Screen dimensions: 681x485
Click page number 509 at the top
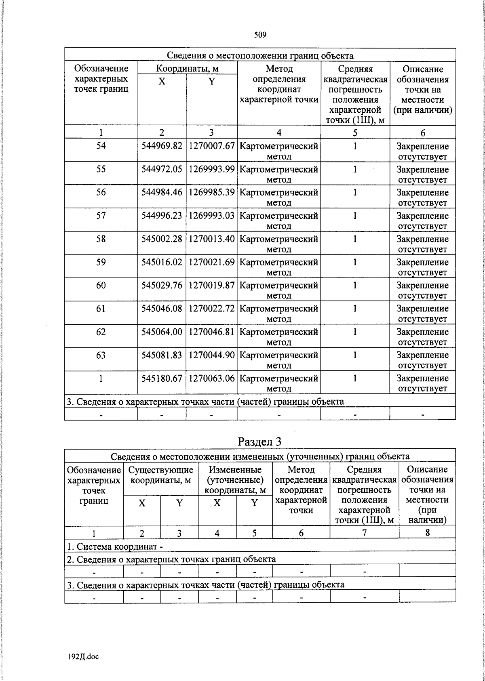point(260,35)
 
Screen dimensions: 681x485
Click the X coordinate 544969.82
point(162,146)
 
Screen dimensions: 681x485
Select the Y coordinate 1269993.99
point(211,169)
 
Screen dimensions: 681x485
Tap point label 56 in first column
point(101,192)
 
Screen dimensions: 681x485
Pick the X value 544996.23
point(162,216)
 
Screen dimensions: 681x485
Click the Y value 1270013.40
point(211,239)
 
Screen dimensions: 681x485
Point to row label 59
point(101,262)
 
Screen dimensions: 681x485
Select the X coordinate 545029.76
point(162,286)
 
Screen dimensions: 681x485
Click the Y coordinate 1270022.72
point(211,309)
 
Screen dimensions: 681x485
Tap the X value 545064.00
point(162,332)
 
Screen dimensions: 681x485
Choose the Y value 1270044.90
point(211,355)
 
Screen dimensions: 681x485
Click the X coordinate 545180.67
point(162,378)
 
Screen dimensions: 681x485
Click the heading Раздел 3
point(259,441)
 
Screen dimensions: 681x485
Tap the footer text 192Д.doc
point(83,657)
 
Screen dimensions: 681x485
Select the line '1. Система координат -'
point(115,547)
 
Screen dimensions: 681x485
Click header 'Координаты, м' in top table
point(187,68)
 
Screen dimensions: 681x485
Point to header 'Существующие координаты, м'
point(160,475)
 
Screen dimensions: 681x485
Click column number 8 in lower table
point(427,533)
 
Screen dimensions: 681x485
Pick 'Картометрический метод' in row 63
point(279,360)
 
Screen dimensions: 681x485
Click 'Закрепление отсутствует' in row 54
point(422,151)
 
